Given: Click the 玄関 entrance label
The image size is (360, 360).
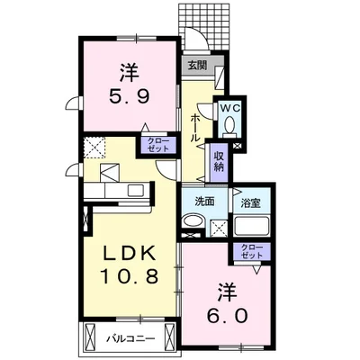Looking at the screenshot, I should pyautogui.click(x=197, y=66).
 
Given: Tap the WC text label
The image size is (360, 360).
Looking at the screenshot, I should pyautogui.click(x=229, y=107).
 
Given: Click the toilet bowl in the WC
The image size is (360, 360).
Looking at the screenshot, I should pyautogui.click(x=229, y=125).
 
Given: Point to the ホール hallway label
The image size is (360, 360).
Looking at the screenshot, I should pyautogui.click(x=195, y=127).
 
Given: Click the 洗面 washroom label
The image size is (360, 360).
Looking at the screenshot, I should pyautogui.click(x=205, y=202).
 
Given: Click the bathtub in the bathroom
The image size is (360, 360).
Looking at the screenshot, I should pyautogui.click(x=249, y=226).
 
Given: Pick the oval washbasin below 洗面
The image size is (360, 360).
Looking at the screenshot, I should pyautogui.click(x=197, y=226).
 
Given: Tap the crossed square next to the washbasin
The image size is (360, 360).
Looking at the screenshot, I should pyautogui.click(x=218, y=229).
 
